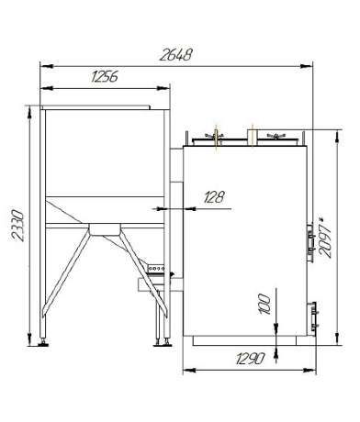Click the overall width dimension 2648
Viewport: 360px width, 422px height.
175,55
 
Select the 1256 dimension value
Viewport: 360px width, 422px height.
105,76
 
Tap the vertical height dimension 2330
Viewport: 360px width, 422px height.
17,226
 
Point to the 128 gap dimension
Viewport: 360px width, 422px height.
214,197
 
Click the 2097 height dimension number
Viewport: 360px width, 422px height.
324,241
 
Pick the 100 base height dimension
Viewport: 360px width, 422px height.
264,304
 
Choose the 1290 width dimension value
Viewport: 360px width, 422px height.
250,359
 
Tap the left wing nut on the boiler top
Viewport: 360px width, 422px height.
214,136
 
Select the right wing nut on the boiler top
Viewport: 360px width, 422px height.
276,136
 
